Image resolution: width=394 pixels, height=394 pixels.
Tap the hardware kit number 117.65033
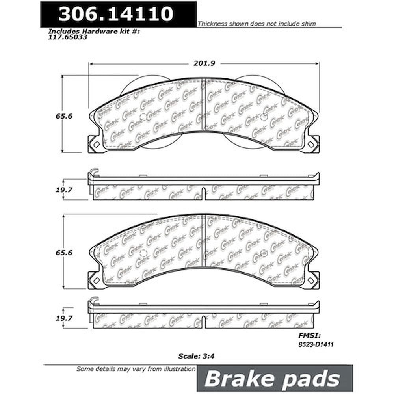coord(68,37)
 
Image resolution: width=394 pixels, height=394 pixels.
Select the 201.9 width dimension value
coord(204,63)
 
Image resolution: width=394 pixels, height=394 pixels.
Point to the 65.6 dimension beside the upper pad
coord(64,116)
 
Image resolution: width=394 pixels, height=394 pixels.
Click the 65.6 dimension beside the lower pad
coord(64,253)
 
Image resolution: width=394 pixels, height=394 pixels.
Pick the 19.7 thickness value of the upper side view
coord(64,190)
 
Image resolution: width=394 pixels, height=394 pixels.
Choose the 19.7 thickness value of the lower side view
coord(64,318)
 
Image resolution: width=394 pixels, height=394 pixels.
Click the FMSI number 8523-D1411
coord(316,344)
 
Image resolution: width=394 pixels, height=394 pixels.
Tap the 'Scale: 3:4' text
coord(196,356)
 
